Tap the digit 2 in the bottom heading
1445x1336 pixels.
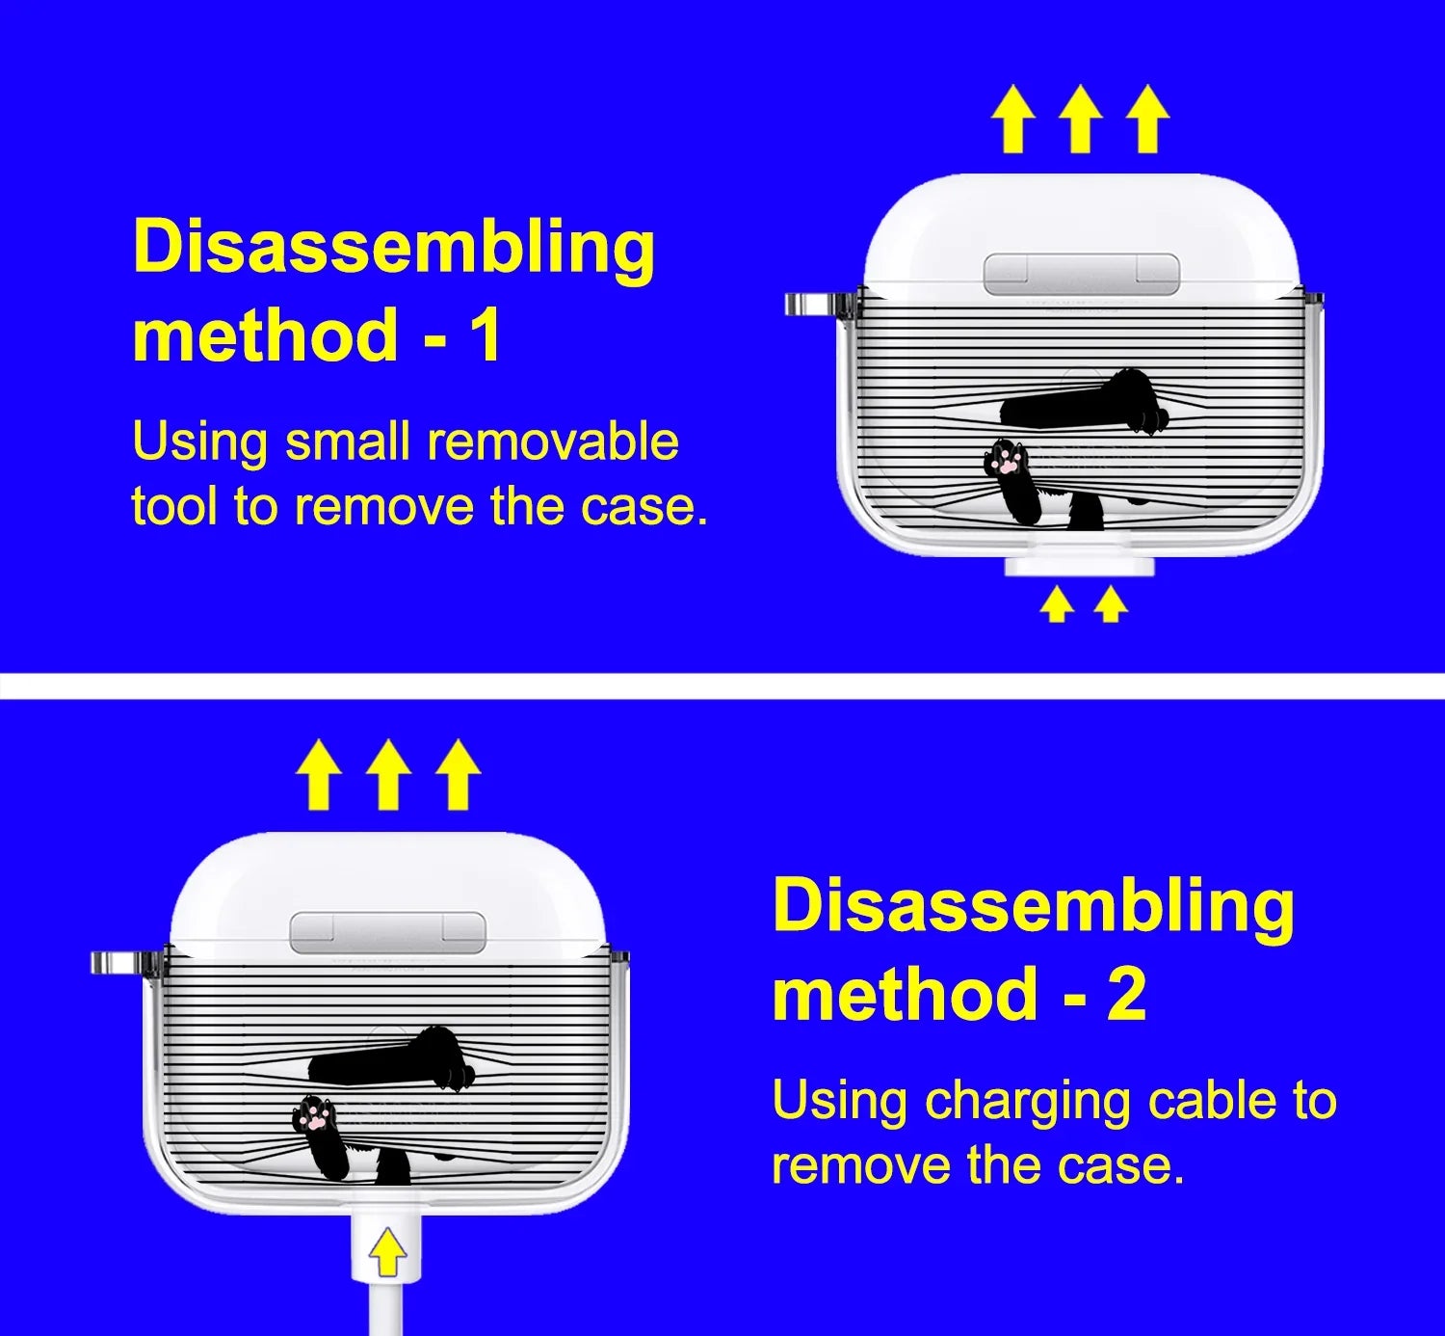pos(1125,993)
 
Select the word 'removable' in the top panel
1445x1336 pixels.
pos(553,441)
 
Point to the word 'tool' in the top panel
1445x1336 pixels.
pos(174,505)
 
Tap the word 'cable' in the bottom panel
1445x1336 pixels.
pos(1212,1100)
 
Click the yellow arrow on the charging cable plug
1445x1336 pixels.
pos(387,1251)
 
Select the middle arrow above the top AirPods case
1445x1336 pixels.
pos(1081,120)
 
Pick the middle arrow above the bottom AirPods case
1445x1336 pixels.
pos(388,775)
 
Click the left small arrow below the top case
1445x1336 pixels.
pos(1057,605)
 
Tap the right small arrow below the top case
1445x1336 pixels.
pos(1111,605)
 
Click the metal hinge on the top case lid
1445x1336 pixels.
pos(1081,275)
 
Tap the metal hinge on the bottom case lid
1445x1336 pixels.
pos(388,932)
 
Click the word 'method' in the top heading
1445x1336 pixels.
pos(265,334)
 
